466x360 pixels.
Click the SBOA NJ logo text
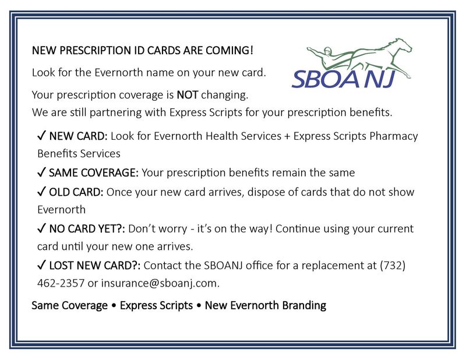click(x=344, y=79)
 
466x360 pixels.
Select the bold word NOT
click(x=187, y=95)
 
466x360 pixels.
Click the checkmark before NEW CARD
click(x=41, y=136)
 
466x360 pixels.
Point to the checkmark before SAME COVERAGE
click(x=41, y=172)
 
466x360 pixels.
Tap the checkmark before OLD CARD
click(x=41, y=192)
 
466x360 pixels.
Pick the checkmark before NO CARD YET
click(x=41, y=228)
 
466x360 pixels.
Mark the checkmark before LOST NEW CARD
click(x=41, y=265)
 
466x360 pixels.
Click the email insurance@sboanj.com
click(x=161, y=283)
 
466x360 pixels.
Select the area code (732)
click(x=393, y=265)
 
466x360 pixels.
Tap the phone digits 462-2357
click(x=61, y=283)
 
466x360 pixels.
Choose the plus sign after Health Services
click(x=287, y=136)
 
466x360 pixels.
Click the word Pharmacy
click(x=394, y=136)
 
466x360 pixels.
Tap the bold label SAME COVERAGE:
click(x=94, y=172)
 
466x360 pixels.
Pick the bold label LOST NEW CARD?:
click(x=95, y=266)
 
